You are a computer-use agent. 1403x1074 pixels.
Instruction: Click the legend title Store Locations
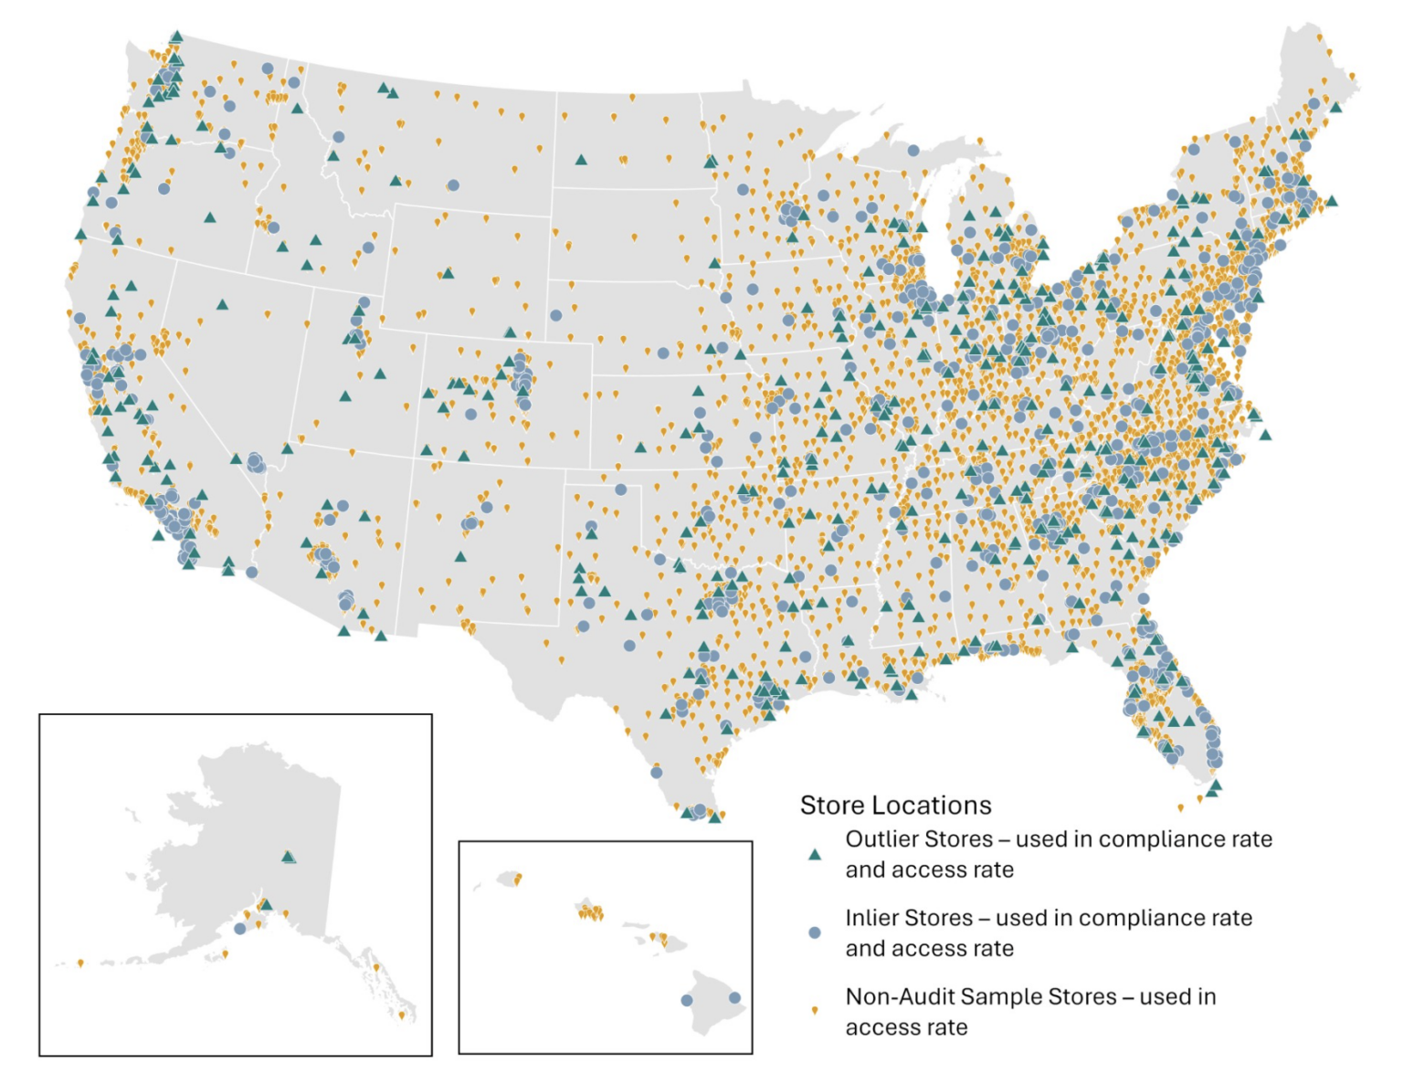tap(895, 805)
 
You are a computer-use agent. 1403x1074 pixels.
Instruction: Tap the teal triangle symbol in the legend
tap(814, 855)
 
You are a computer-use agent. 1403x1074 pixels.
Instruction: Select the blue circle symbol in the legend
tap(814, 932)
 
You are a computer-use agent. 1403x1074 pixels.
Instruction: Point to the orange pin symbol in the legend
tap(814, 1011)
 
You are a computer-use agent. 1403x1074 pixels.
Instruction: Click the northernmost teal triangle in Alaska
tap(289, 857)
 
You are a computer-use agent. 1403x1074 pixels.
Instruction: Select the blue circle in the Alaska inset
tap(239, 929)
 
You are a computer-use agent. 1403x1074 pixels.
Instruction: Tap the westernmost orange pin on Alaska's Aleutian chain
tap(80, 963)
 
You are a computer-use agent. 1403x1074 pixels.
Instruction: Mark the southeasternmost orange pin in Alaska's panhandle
tap(402, 1014)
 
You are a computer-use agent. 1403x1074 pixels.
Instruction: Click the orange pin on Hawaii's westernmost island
tap(518, 879)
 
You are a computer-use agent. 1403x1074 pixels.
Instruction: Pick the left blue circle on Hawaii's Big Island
tap(687, 1000)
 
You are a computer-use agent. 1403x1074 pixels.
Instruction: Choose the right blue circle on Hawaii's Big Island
tap(734, 998)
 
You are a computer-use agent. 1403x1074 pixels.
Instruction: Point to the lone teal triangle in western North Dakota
tap(581, 160)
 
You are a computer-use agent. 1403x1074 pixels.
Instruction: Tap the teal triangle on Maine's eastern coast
tap(1335, 108)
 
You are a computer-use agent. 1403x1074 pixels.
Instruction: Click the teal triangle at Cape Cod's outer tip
tap(1332, 201)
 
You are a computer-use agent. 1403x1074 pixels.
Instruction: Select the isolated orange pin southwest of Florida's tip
tap(1180, 807)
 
